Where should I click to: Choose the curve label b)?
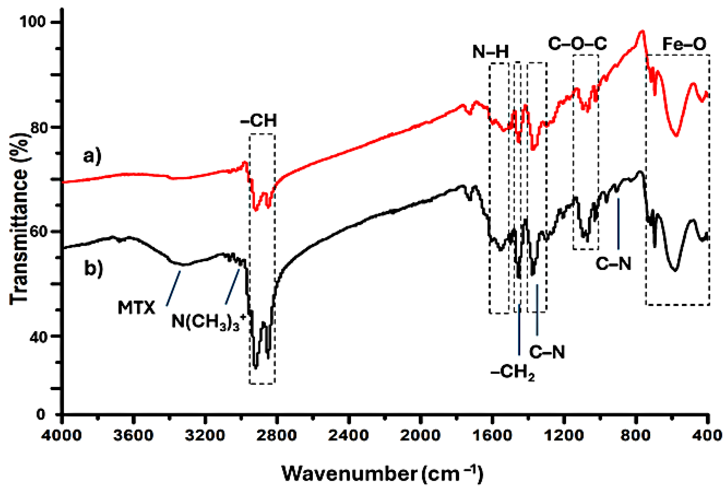pos(93,269)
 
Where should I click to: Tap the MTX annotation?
pos(136,308)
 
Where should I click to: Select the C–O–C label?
pos(577,44)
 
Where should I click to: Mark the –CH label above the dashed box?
pos(259,121)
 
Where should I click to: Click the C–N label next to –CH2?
pos(547,352)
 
